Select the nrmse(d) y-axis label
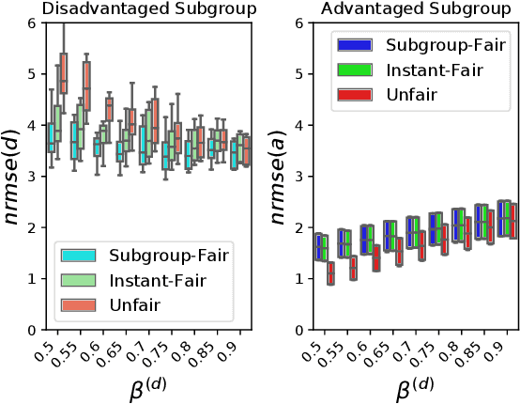coord(14,177)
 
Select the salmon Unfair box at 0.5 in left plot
coord(63,75)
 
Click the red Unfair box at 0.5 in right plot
coord(330,274)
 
